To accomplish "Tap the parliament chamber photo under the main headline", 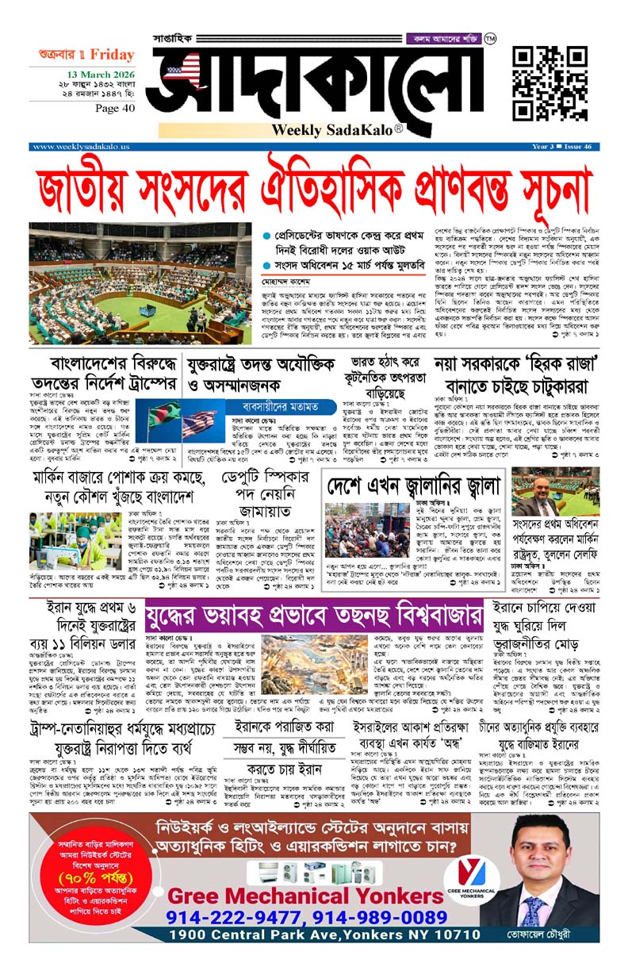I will click(x=140, y=284).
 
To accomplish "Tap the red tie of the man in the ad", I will click(x=530, y=910).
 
